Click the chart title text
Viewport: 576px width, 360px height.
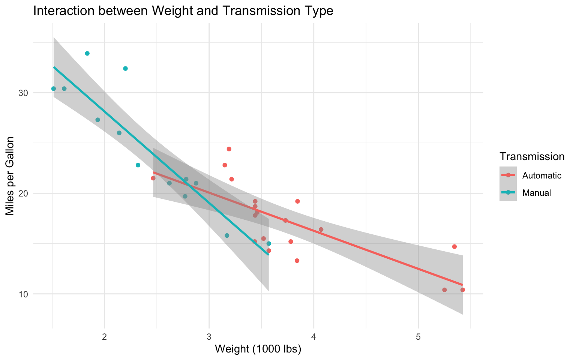(183, 11)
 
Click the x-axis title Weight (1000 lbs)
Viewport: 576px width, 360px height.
(258, 349)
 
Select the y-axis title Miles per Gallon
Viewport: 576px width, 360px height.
(10, 176)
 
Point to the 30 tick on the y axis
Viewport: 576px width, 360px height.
(24, 93)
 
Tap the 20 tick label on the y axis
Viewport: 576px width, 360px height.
(24, 193)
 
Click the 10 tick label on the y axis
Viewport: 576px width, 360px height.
(24, 294)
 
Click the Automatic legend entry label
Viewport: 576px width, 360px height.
(541, 175)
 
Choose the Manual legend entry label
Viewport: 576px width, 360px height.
(537, 193)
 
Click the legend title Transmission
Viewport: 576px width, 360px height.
(532, 157)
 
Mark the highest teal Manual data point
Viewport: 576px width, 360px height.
(87, 53)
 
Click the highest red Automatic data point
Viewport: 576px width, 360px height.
(229, 149)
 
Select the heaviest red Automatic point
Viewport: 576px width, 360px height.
(462, 290)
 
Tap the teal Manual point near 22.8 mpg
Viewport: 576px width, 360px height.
(138, 165)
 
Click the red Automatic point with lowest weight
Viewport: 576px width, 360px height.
(153, 178)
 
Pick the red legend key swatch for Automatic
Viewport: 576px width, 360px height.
(508, 175)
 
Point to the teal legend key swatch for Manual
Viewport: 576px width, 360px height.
(508, 192)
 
